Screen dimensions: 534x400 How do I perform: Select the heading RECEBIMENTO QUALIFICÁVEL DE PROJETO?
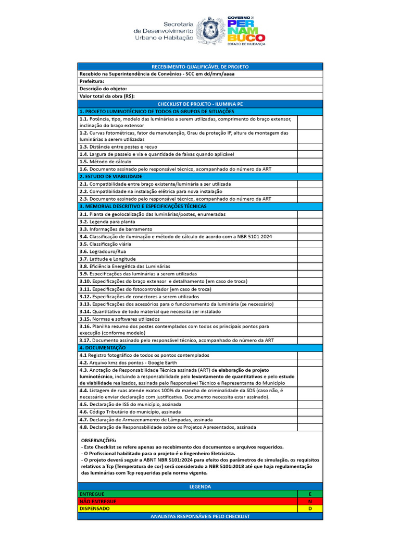(200, 67)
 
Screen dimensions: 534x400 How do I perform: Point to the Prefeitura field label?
(92, 81)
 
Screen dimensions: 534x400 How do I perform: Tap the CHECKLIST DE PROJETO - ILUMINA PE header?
(200, 104)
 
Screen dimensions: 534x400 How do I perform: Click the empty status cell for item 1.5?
(310, 162)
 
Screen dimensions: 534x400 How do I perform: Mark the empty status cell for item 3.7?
(310, 259)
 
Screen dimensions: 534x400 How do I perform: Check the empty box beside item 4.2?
(310, 362)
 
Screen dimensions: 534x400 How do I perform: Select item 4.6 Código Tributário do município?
(130, 412)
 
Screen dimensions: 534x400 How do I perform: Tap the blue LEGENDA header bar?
(200, 487)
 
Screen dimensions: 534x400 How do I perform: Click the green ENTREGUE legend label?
(92, 494)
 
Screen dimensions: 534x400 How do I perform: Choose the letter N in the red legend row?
(310, 501)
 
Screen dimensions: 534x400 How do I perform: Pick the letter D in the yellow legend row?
(310, 508)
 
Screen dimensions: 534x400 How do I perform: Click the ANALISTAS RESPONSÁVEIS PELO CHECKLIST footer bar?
(200, 516)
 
